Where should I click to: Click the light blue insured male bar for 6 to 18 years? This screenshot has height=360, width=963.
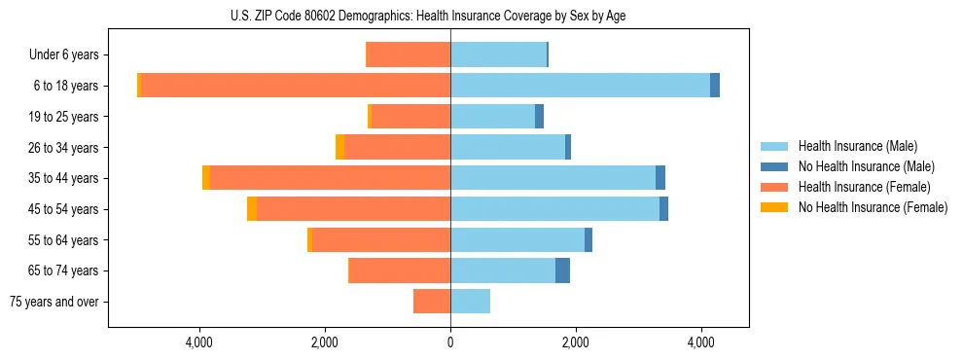tap(580, 86)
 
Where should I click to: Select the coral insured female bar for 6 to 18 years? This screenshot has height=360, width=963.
tap(296, 86)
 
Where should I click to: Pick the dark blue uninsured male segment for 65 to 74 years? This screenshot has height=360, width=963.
tap(562, 270)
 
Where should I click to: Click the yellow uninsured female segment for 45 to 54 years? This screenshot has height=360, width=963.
tap(252, 209)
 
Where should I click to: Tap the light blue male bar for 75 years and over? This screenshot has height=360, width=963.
tap(470, 302)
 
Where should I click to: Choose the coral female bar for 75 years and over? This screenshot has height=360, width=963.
tap(432, 302)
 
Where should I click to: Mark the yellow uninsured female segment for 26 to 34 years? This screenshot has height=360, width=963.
tap(339, 147)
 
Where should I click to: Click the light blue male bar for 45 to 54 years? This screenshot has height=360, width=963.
tap(554, 209)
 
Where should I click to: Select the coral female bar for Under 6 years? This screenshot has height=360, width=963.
tap(408, 54)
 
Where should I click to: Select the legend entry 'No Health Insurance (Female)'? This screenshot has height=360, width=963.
tap(873, 207)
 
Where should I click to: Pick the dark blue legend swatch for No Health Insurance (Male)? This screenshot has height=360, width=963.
tap(774, 166)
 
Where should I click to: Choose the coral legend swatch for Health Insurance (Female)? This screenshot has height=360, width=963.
tap(774, 187)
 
